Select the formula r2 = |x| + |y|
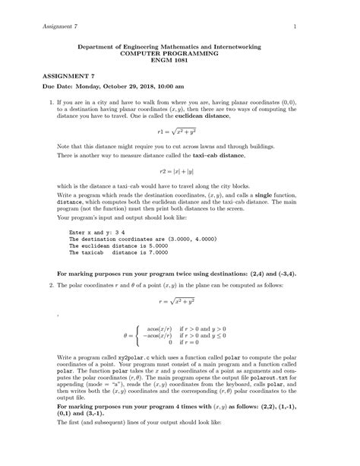click(x=180, y=171)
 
